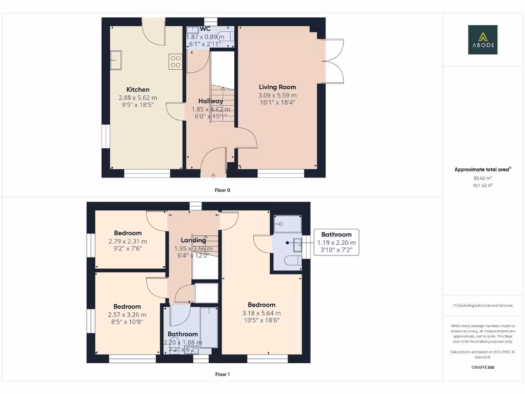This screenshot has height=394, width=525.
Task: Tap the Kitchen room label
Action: [x=138, y=90]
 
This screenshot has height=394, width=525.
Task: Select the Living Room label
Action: [x=277, y=87]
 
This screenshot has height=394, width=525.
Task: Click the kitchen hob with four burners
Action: [x=175, y=62]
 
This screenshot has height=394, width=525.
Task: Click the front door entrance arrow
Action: [x=214, y=176]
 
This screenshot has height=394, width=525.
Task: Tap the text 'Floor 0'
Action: [x=222, y=190]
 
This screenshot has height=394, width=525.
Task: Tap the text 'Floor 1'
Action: [x=222, y=375]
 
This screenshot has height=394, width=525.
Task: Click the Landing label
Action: [x=193, y=240]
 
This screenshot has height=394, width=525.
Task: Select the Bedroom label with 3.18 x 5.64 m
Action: [x=261, y=305]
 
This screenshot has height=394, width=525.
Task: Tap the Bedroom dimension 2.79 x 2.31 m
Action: [x=128, y=241]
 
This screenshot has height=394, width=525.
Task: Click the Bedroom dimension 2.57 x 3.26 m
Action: [x=127, y=315]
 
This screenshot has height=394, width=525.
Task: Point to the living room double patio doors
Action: [x=334, y=61]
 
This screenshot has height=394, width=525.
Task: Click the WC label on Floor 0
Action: [x=206, y=29]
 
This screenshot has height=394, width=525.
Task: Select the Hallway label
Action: [x=211, y=102]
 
